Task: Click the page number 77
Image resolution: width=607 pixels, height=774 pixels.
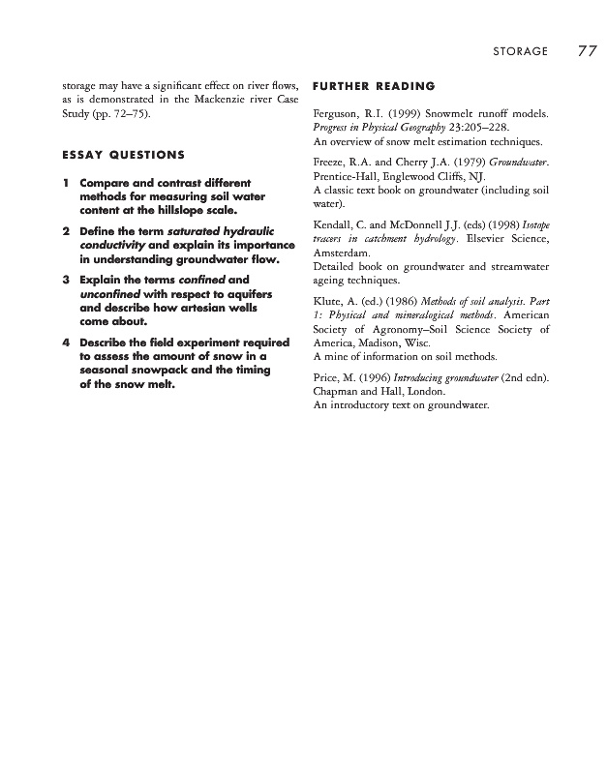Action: click(x=587, y=50)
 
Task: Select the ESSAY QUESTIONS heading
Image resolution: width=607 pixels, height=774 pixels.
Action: click(x=123, y=155)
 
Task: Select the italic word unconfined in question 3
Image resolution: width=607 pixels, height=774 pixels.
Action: click(x=109, y=294)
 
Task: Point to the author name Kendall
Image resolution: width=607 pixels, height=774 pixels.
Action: click(x=336, y=225)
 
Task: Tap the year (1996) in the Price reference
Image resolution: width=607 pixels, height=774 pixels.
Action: click(x=395, y=377)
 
